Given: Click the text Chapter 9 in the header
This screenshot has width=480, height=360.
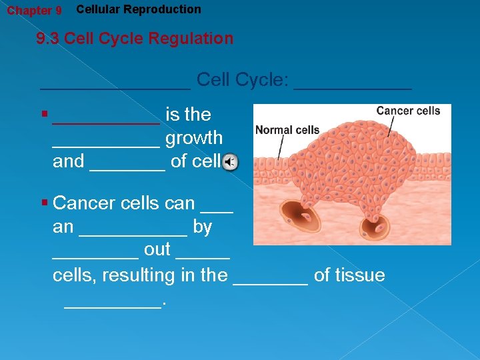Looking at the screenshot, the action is (x=34, y=11).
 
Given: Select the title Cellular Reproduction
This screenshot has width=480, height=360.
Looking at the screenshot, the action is (x=139, y=9).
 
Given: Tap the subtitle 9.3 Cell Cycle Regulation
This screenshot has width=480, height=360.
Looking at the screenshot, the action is (x=135, y=39).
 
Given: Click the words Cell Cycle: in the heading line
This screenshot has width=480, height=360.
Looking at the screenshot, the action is (x=243, y=80).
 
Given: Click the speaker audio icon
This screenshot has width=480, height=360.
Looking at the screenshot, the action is (x=229, y=162).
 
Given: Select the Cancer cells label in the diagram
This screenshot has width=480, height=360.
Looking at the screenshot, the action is (x=408, y=111).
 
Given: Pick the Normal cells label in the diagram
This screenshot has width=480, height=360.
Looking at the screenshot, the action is (x=287, y=130).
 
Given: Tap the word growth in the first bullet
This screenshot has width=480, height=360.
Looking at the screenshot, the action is (x=194, y=138).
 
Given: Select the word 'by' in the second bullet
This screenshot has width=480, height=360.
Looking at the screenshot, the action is (x=203, y=227).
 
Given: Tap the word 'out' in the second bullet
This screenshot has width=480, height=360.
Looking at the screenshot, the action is (x=157, y=251).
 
